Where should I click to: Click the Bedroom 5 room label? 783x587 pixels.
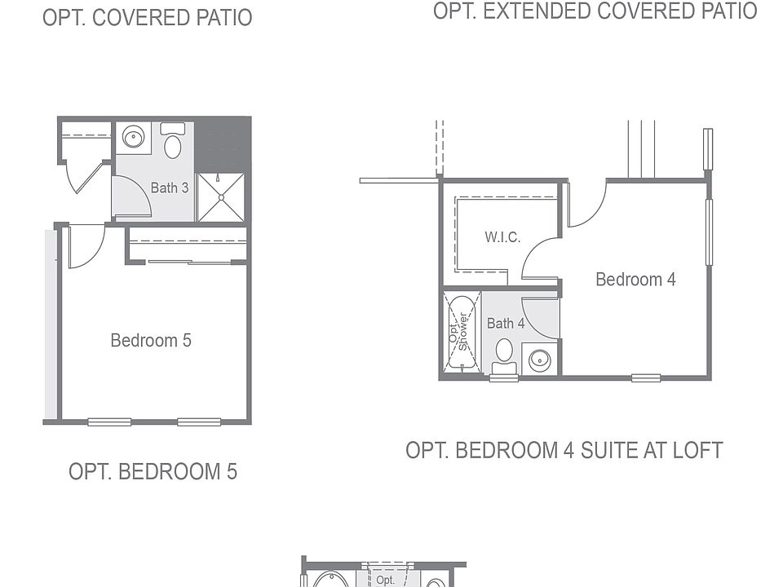coord(151,341)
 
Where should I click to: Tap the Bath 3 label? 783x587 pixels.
coord(170,188)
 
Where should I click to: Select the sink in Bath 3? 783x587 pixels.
coord(133,137)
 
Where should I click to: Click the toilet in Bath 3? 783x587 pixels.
coord(173,141)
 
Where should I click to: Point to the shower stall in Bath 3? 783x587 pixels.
coord(221,197)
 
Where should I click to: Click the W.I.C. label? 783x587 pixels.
coord(502,236)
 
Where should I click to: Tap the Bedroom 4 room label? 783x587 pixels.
coord(635,279)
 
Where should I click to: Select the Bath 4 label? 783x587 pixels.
coord(506,324)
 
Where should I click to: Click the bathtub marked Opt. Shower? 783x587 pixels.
coord(462,333)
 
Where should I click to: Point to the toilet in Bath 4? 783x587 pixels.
coord(504,356)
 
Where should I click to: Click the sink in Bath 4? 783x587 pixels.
coord(539,359)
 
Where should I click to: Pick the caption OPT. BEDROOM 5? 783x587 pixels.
coord(153,472)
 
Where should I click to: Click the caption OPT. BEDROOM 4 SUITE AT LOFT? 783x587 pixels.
coord(564,450)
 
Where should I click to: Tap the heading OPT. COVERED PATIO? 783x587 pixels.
coord(148,17)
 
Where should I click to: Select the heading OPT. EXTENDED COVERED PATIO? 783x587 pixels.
coord(595,11)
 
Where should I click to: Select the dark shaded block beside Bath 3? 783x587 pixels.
coord(222,145)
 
